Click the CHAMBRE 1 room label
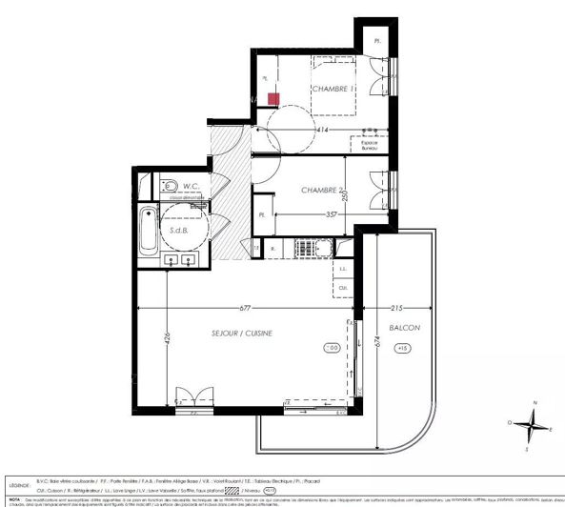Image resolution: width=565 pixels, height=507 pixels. [333, 89]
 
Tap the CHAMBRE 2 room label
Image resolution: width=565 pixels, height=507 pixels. [321, 191]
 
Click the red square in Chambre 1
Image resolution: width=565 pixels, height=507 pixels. [273, 98]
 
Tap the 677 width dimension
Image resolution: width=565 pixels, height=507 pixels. [245, 309]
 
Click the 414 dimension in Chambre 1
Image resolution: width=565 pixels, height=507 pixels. [323, 130]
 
